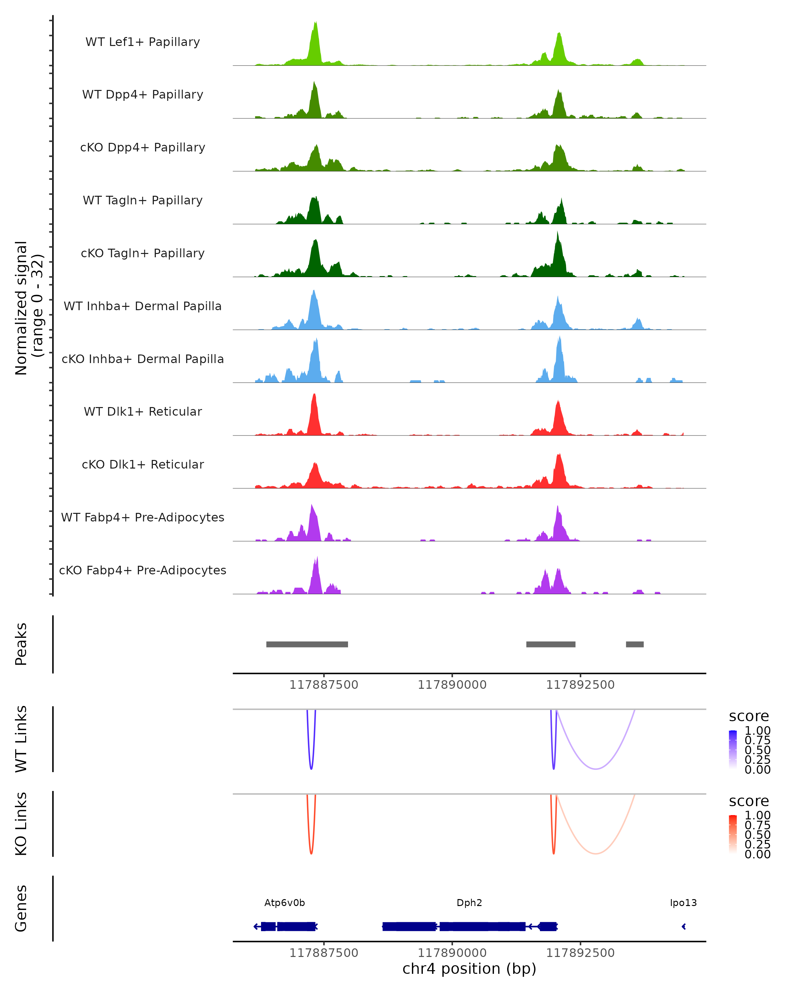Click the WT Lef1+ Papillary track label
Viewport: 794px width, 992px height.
tap(143, 42)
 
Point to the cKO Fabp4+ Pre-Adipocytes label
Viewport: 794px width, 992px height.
tap(143, 570)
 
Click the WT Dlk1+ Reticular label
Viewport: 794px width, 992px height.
tap(143, 411)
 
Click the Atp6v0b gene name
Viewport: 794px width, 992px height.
tap(285, 903)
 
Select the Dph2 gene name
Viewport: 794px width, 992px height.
tap(469, 903)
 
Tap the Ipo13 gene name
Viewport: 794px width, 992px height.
tap(683, 903)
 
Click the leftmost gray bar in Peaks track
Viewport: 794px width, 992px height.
tap(307, 644)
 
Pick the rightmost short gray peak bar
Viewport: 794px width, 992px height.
tap(635, 644)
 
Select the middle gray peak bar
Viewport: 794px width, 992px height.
tap(551, 644)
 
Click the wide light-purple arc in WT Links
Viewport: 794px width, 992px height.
tap(595, 769)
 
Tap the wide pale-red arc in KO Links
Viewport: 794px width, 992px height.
tap(595, 853)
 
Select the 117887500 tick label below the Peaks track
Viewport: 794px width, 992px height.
tap(324, 685)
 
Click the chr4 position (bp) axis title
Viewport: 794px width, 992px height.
tap(469, 969)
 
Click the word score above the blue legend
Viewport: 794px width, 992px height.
tap(748, 716)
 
